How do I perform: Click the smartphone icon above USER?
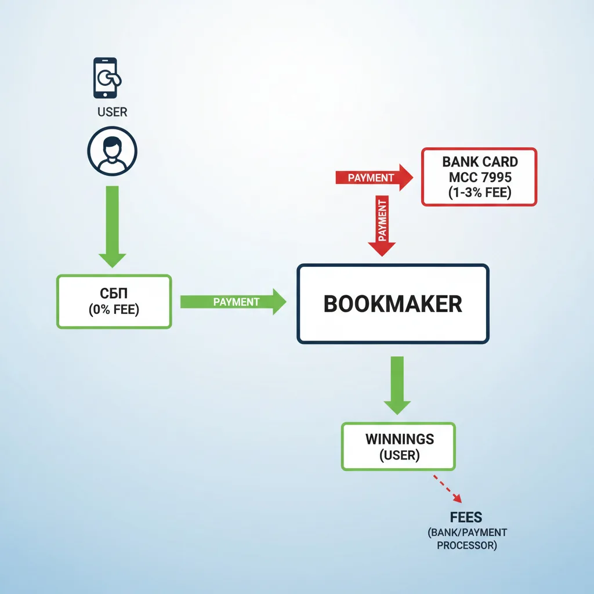pyautogui.click(x=105, y=78)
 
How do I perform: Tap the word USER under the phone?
pyautogui.click(x=113, y=111)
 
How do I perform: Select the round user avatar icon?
pyautogui.click(x=112, y=151)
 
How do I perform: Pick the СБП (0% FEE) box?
pyautogui.click(x=114, y=302)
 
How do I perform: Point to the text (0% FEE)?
pyautogui.click(x=114, y=310)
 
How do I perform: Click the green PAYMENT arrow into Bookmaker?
pyautogui.click(x=233, y=302)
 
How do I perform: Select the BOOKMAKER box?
pyautogui.click(x=393, y=303)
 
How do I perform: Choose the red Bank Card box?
pyautogui.click(x=479, y=177)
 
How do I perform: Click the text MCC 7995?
pyautogui.click(x=480, y=177)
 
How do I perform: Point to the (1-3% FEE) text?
pyautogui.click(x=480, y=192)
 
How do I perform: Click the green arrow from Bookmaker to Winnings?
pyautogui.click(x=397, y=385)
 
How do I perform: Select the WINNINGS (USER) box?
pyautogui.click(x=399, y=446)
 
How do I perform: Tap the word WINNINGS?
pyautogui.click(x=399, y=439)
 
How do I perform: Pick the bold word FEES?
pyautogui.click(x=466, y=517)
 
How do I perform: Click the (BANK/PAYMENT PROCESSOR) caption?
pyautogui.click(x=467, y=539)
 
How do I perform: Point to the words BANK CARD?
pyautogui.click(x=480, y=162)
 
